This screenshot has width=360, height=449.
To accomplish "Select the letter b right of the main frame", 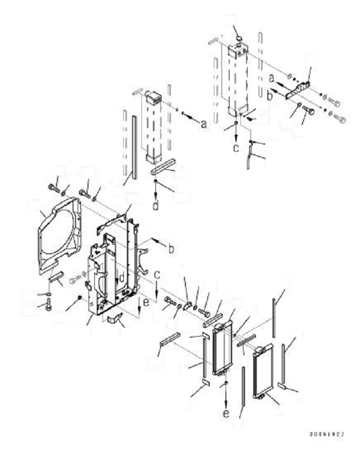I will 170,249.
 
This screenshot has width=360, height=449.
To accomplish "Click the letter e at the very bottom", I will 225,413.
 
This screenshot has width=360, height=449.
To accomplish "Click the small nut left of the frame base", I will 79,297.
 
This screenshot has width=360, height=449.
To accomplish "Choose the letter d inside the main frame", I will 122,278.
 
